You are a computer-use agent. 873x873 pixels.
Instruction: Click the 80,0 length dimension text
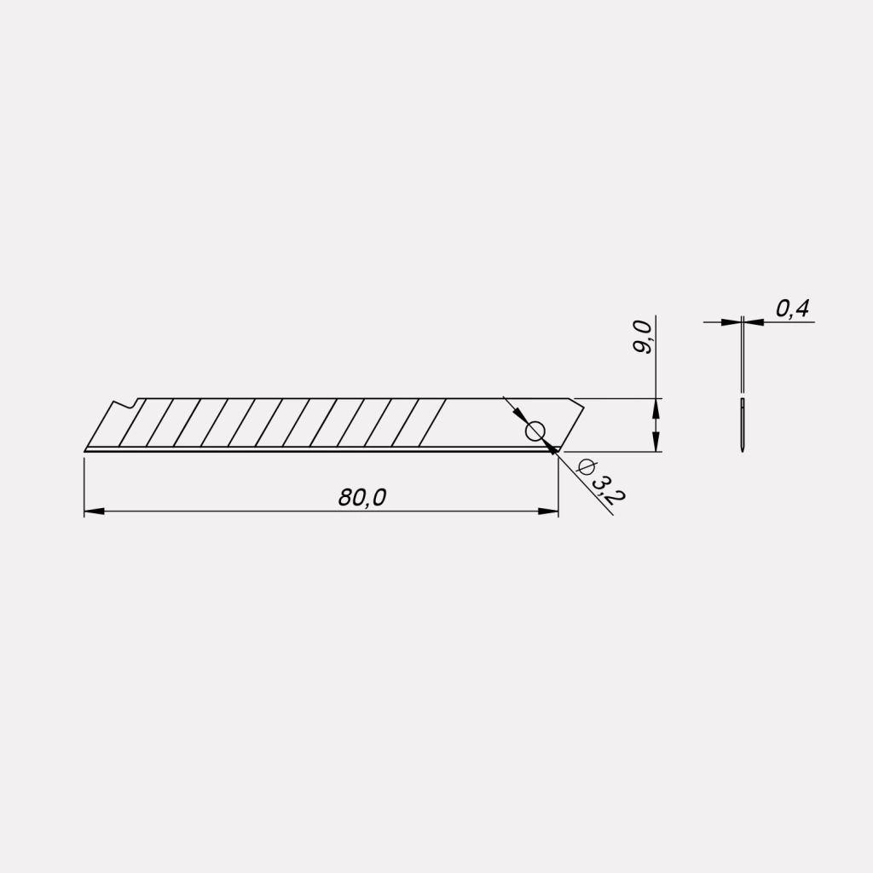pos(361,497)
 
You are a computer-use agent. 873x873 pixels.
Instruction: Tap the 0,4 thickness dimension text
pos(792,309)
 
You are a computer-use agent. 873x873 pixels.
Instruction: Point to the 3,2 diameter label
pos(608,489)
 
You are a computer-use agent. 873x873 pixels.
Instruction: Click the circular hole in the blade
pos(535,431)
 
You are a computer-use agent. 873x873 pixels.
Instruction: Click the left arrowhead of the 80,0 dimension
pos(94,512)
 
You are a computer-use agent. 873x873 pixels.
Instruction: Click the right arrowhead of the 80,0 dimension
pos(548,512)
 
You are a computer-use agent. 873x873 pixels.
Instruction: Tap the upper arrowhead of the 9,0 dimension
pos(656,408)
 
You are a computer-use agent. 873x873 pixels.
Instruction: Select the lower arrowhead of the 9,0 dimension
pos(656,442)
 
